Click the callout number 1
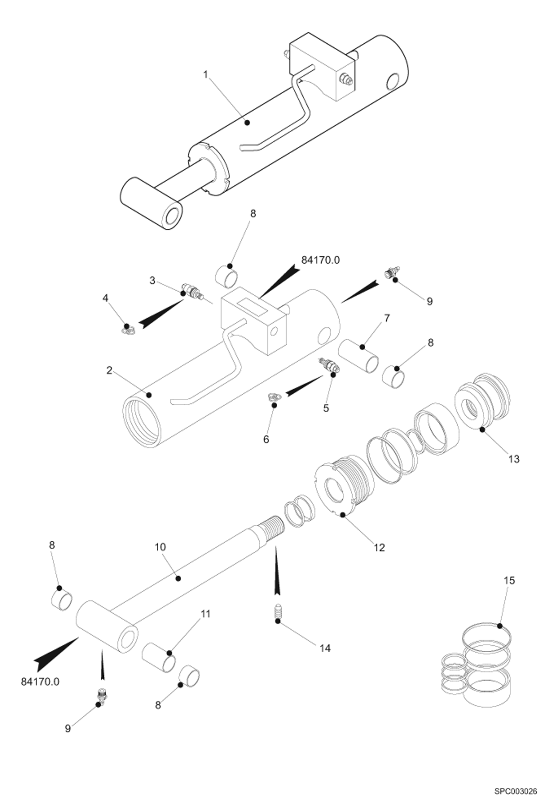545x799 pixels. (206, 75)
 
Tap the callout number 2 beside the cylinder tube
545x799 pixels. (109, 370)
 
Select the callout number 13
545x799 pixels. (514, 459)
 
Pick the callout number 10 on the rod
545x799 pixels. (160, 547)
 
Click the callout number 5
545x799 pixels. (326, 408)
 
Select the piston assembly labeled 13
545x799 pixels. (482, 401)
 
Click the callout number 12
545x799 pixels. (379, 547)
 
